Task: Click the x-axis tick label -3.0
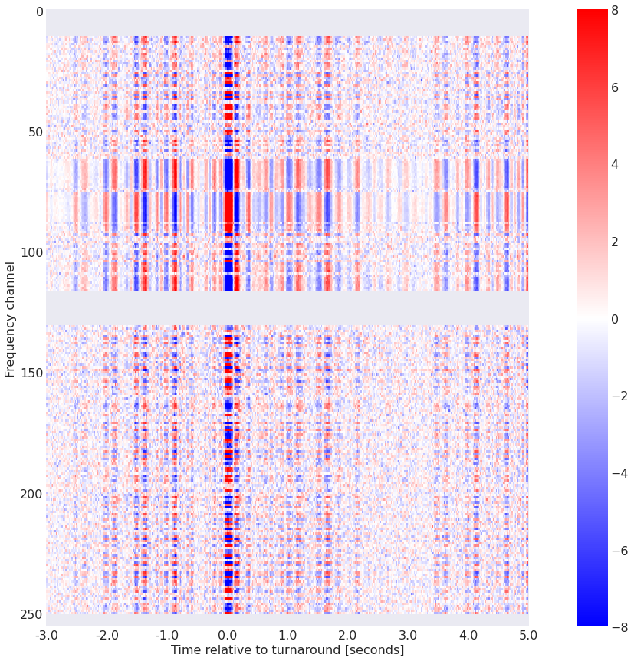(x=46, y=636)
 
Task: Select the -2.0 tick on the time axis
(x=107, y=636)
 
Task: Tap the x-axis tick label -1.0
(x=167, y=636)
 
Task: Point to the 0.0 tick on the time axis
(x=228, y=636)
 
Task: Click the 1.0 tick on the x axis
(x=287, y=636)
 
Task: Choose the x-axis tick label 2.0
(x=348, y=636)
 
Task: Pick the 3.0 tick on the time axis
(x=408, y=636)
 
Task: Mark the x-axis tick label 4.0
(x=468, y=636)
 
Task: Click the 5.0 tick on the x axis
(x=528, y=636)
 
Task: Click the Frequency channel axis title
(x=10, y=318)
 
